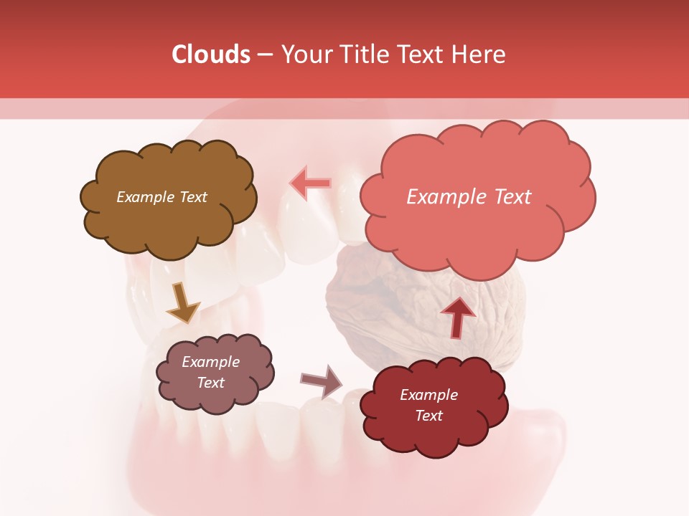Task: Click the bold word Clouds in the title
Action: tap(210, 54)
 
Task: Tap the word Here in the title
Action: tap(478, 54)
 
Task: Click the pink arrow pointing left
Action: tap(310, 183)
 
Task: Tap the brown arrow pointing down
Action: tap(183, 302)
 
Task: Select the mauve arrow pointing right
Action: tap(322, 381)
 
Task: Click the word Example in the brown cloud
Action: tap(144, 197)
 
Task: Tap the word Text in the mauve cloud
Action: tap(210, 383)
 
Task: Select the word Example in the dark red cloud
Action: tap(428, 395)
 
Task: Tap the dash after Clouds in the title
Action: tap(264, 55)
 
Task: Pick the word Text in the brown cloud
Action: tap(192, 197)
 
